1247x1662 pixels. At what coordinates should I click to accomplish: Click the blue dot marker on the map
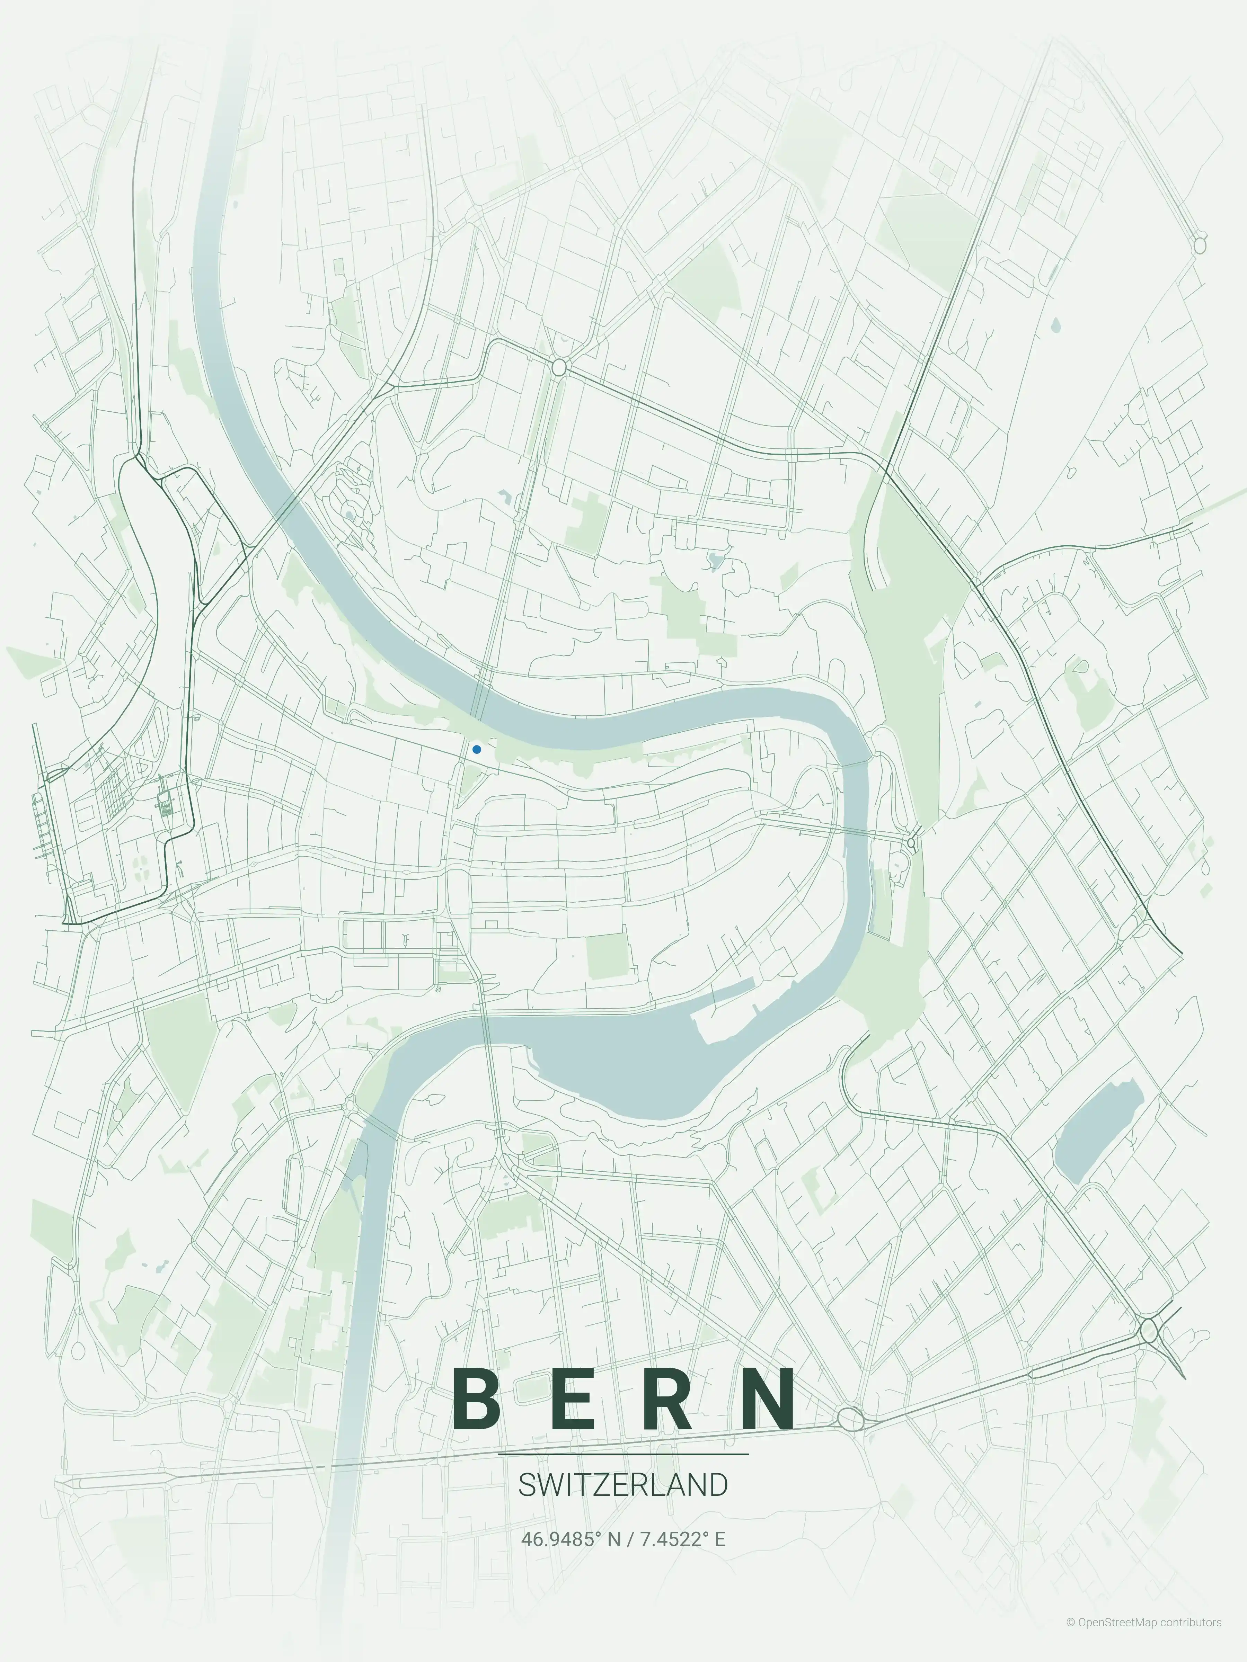tap(477, 749)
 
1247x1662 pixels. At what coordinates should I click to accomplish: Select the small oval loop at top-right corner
tap(1200, 245)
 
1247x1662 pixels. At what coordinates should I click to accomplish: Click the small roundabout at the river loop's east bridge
tap(912, 843)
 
